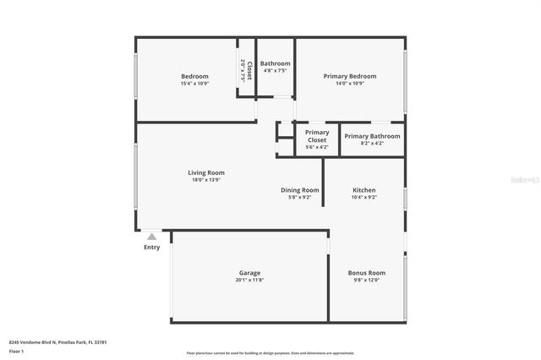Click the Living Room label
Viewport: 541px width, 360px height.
[205, 172]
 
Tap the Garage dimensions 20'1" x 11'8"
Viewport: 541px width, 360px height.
[249, 280]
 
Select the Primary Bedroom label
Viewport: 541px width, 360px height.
[350, 76]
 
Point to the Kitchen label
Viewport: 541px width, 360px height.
[364, 190]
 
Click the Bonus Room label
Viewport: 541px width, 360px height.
[367, 273]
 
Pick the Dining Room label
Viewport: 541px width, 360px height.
[300, 190]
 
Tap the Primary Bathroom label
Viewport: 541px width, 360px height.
[372, 136]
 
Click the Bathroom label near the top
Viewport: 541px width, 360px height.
[275, 63]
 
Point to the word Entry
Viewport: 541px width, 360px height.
[151, 248]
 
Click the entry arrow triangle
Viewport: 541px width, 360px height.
[151, 237]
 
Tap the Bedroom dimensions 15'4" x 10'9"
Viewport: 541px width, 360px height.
[195, 84]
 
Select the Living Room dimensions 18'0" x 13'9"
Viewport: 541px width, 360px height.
[205, 180]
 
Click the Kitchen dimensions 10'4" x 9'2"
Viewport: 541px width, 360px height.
[364, 198]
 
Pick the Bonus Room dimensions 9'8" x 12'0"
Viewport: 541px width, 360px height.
[367, 281]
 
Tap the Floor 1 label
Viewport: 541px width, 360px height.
[17, 351]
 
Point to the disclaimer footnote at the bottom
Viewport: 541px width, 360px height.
[270, 352]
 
